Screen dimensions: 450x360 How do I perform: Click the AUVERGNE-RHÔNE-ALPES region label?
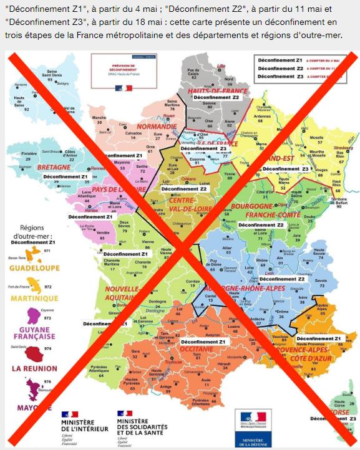pyautogui.click(x=243, y=289)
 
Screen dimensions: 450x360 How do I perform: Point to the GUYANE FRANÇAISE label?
pyautogui.click(x=35, y=333)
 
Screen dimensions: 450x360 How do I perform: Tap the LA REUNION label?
pyautogui.click(x=35, y=368)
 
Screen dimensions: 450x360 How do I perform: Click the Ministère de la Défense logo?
pyautogui.click(x=252, y=428)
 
